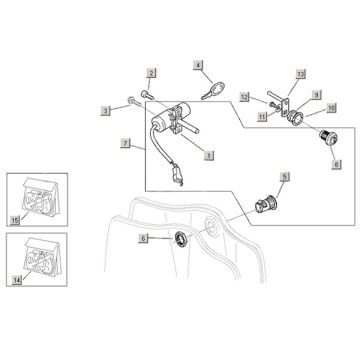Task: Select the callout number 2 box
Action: point(151,74)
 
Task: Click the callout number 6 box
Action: point(143,239)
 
